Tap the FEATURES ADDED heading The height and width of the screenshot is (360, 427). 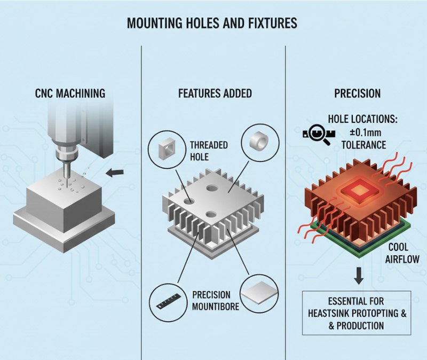[x=215, y=94]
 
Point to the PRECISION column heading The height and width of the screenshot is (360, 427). [x=357, y=94]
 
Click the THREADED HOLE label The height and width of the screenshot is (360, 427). [x=209, y=151]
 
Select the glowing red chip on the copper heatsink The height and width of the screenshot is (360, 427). [x=357, y=189]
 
